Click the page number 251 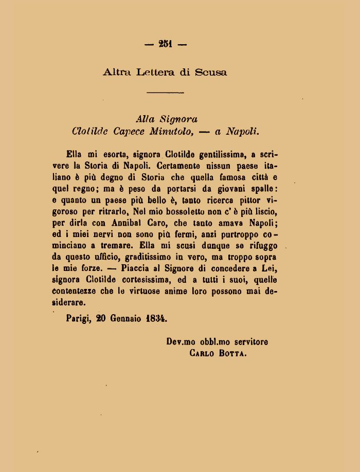click(x=166, y=45)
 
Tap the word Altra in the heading click(x=117, y=72)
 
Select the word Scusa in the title click(x=210, y=72)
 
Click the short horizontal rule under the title click(x=166, y=93)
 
